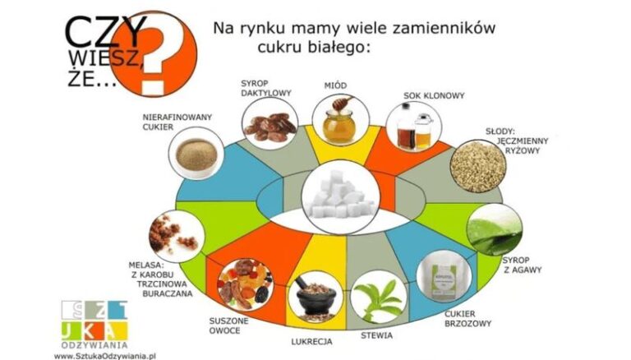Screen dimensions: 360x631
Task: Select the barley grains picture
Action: click(477, 165)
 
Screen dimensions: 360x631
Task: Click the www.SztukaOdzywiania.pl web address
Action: click(105, 356)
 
